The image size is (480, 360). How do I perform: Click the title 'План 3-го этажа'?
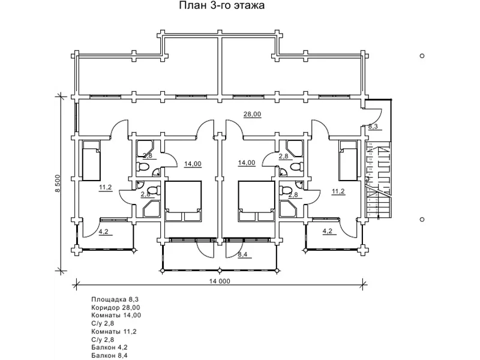[x=221, y=5]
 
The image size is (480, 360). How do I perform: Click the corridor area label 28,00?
[x=252, y=114]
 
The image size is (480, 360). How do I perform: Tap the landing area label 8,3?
[x=373, y=126]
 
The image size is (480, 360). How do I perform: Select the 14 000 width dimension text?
[x=220, y=281]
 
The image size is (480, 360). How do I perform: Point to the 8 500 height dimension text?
[x=58, y=184]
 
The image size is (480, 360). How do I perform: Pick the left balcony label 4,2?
[x=103, y=232]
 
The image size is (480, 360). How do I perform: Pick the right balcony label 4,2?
[x=327, y=231]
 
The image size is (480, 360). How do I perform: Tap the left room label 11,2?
[x=106, y=187]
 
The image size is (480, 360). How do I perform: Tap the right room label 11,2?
[x=338, y=191]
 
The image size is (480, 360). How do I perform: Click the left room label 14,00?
[x=193, y=164]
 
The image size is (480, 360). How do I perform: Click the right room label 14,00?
[x=247, y=163]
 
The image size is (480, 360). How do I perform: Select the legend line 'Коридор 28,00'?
[x=116, y=307]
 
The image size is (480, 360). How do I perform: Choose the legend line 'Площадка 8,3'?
[x=113, y=299]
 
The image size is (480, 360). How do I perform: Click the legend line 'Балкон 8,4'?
[x=109, y=355]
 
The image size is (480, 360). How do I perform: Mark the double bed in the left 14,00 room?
[x=184, y=201]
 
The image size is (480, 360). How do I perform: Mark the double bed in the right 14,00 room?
[x=256, y=201]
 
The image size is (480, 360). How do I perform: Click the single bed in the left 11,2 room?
[x=91, y=160]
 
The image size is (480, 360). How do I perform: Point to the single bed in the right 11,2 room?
[x=348, y=160]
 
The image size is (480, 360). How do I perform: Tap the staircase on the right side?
[x=379, y=179]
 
